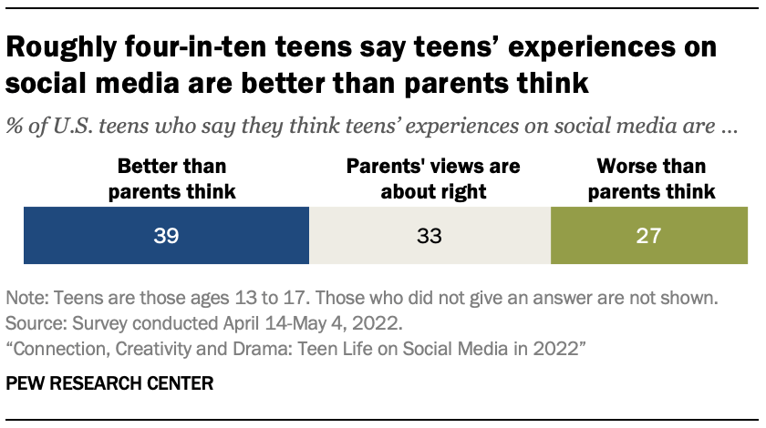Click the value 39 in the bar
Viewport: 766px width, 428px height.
[166, 237]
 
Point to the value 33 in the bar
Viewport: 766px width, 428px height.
[430, 237]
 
